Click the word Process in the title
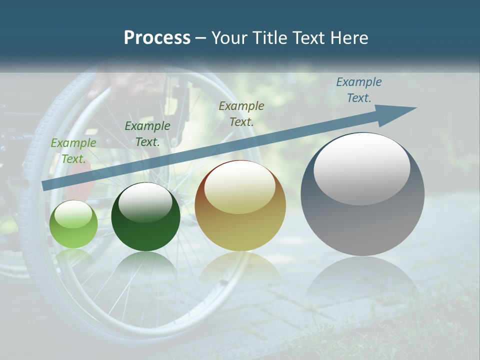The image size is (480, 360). pos(157,38)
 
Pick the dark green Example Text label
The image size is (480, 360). pos(147,134)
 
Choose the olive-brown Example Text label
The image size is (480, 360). pos(241,113)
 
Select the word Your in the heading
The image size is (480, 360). pos(228,38)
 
